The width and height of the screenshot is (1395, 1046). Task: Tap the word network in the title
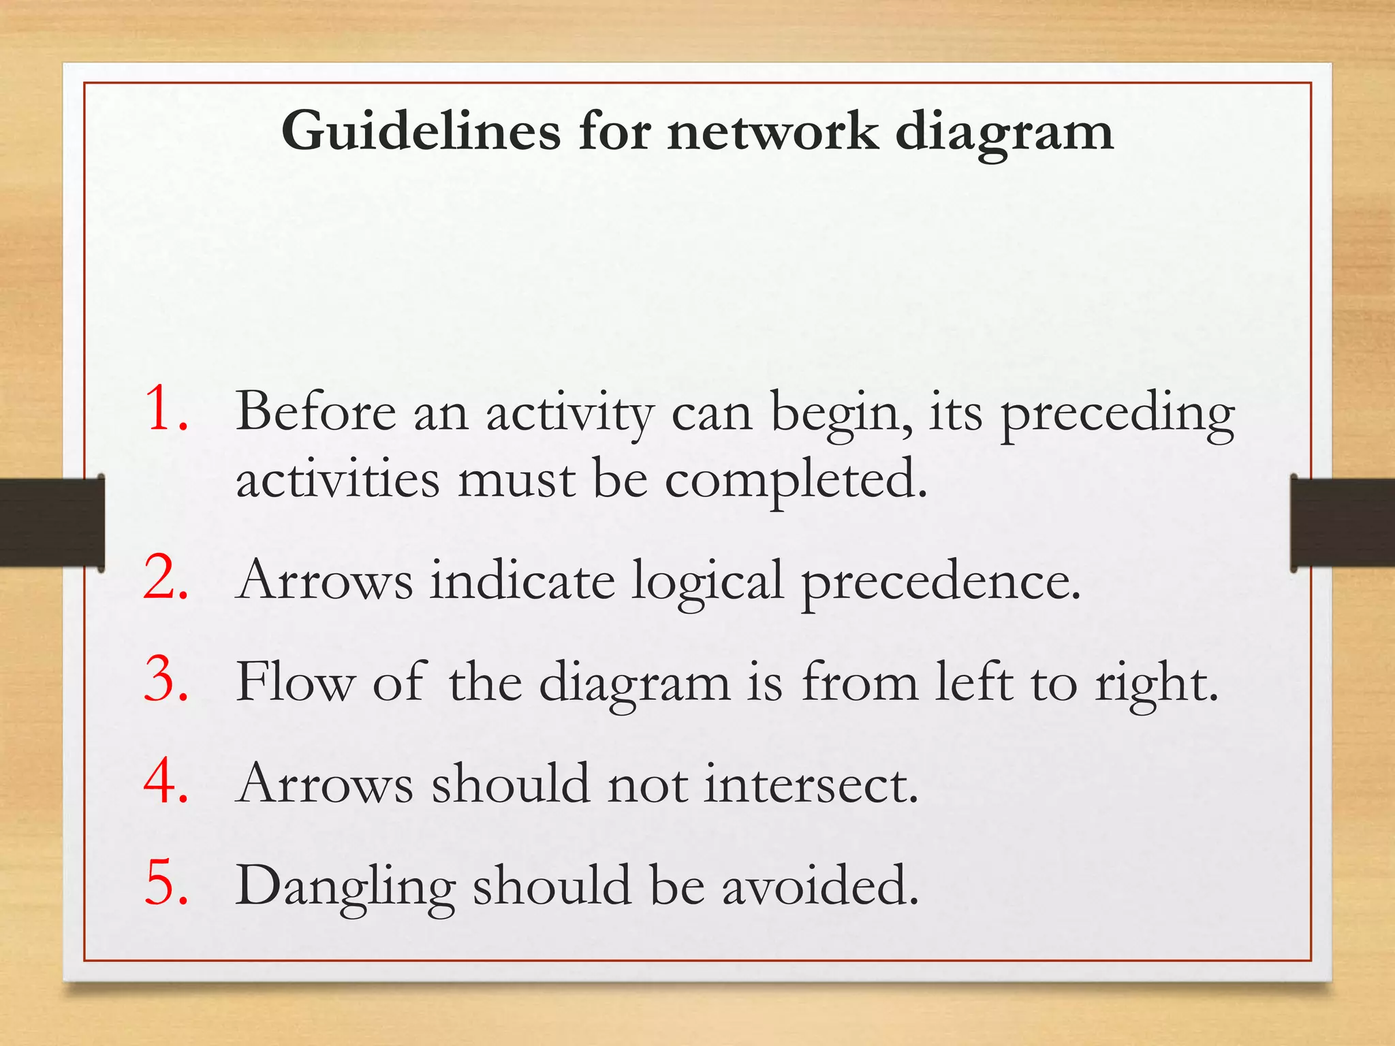[772, 131]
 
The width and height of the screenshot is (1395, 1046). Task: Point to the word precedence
[940, 582]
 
